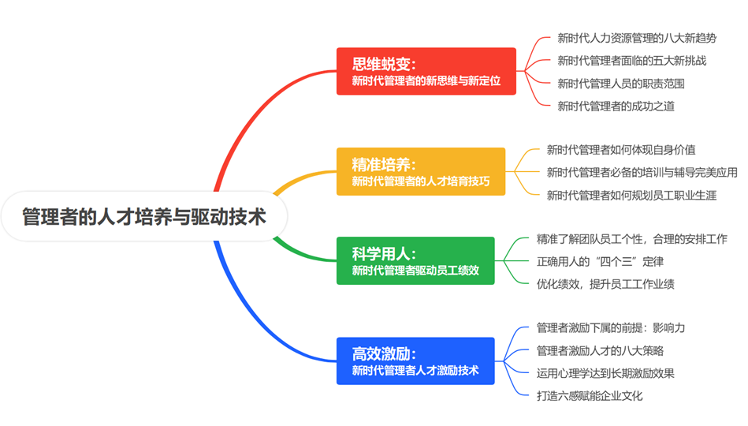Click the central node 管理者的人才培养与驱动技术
coord(144,216)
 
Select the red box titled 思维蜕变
coord(426,71)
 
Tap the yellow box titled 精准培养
coord(421,171)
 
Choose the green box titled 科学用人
coord(415,261)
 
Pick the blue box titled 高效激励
coord(415,361)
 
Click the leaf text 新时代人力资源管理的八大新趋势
coord(637,38)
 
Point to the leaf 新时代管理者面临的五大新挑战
coord(632,61)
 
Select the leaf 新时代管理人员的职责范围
coord(621,84)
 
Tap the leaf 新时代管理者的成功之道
coord(616,106)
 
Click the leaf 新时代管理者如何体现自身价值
coord(621,149)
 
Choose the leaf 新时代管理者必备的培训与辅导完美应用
coord(642,172)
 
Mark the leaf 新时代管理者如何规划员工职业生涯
coord(631,195)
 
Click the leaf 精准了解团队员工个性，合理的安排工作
coord(631,239)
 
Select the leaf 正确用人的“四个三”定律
coord(600,261)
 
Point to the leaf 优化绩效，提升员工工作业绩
coord(605,284)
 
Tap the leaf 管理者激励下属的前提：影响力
coord(611,327)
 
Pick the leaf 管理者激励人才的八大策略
coord(600,350)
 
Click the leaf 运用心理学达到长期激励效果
coord(605,373)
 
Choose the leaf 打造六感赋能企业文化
coord(590,395)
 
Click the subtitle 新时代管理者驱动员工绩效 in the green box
coord(415,271)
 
